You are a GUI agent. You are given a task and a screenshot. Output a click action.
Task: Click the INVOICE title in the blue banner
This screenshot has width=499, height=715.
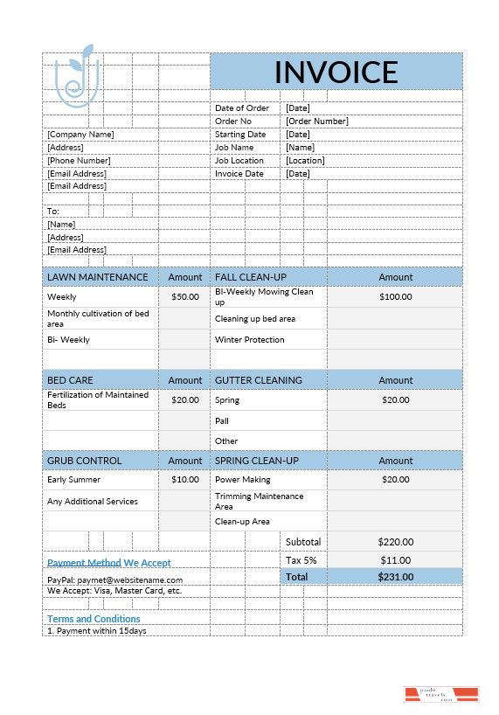click(336, 72)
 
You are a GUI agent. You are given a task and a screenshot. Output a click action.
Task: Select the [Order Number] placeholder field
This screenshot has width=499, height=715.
click(316, 121)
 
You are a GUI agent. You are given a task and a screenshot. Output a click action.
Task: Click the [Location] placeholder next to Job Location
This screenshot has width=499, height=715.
click(305, 161)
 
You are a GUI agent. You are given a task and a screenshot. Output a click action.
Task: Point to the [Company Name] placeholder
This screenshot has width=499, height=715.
click(80, 135)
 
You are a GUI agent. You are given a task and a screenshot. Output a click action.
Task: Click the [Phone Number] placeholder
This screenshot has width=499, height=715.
click(79, 161)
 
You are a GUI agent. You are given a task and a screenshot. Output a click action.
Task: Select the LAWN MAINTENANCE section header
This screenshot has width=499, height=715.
click(98, 277)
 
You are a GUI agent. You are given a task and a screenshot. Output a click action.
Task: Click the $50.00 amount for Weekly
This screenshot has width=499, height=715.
click(184, 297)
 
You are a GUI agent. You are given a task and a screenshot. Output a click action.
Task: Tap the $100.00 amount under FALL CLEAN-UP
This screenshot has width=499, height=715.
click(395, 297)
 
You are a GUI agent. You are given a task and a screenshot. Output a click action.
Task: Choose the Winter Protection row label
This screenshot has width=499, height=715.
click(250, 340)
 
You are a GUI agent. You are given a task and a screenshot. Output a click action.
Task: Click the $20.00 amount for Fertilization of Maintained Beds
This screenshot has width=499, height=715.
click(184, 399)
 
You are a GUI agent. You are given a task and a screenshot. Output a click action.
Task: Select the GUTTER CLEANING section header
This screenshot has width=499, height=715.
click(259, 380)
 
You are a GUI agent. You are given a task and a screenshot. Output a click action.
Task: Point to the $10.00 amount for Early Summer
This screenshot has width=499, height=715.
click(184, 480)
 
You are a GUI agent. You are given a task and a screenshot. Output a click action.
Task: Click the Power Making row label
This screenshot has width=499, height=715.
click(243, 480)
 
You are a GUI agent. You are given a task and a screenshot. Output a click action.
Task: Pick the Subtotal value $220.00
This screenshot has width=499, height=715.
click(395, 542)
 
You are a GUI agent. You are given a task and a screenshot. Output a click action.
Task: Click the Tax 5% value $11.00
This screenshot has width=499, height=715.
click(395, 560)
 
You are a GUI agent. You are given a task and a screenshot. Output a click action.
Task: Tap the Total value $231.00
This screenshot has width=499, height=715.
click(395, 577)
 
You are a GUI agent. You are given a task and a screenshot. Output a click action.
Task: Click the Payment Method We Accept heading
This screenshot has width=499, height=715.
click(109, 563)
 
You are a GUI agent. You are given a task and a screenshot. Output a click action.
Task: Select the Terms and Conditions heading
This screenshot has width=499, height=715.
click(94, 619)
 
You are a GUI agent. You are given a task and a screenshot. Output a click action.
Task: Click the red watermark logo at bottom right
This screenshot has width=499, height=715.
click(441, 695)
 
